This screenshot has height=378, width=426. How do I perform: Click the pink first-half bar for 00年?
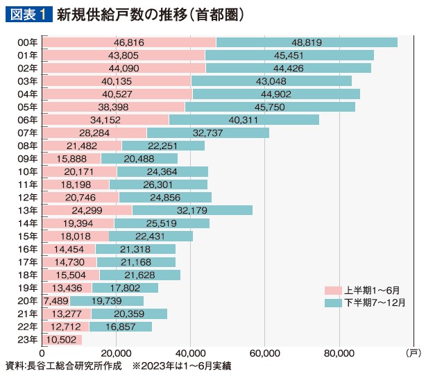[129, 42]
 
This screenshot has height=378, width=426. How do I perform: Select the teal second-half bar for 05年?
[270, 107]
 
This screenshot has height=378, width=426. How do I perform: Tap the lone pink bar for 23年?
[62, 339]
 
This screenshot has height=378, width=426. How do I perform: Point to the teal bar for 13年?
[192, 210]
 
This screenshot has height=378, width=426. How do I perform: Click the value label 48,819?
[307, 42]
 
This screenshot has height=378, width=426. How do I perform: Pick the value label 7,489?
[56, 300]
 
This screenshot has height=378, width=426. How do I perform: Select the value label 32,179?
[192, 210]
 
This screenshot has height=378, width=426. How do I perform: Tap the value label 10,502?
[62, 339]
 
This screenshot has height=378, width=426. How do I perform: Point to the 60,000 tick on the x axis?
[264, 353]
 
